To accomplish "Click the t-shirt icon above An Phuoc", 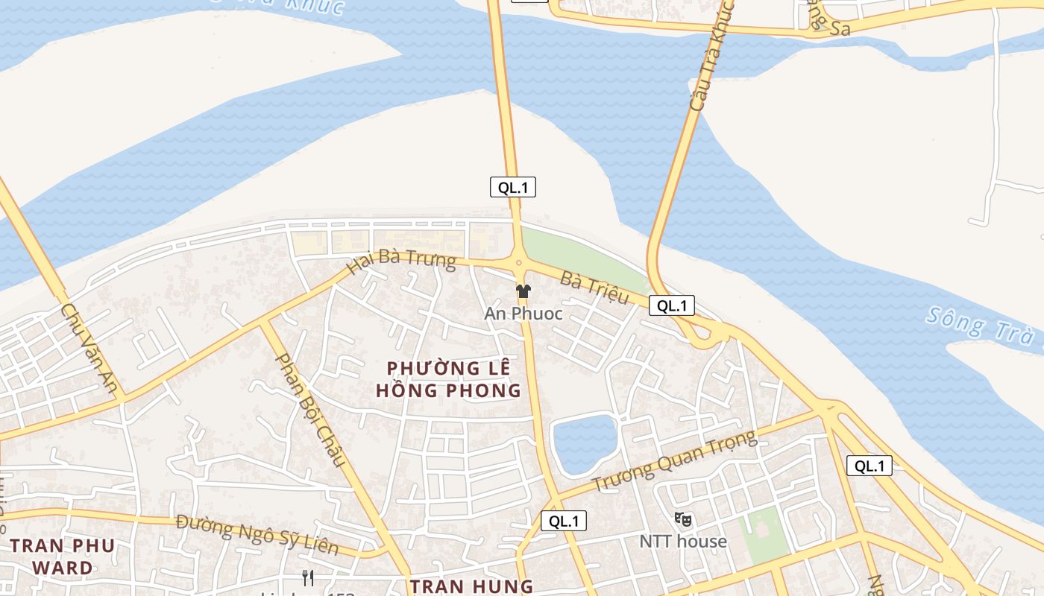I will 523,291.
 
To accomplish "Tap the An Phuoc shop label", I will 523,314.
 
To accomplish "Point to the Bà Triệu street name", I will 594,288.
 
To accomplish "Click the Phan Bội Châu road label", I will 311,410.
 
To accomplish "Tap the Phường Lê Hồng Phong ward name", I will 448,379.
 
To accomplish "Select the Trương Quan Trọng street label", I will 674,461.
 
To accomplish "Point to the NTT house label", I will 682,542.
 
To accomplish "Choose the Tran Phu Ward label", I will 63,557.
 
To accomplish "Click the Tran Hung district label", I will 471,586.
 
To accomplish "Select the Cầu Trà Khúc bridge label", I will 711,56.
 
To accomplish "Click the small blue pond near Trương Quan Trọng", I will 585,443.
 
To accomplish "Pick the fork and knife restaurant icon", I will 307,577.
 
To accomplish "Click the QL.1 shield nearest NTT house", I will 564,521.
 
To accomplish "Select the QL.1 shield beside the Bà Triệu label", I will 672,305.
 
